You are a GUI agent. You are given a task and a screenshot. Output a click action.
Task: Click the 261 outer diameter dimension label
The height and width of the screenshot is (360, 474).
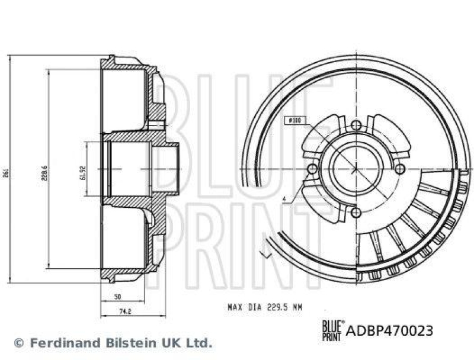(5, 169)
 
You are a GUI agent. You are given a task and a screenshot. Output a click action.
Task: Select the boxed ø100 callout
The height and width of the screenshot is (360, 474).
(294, 121)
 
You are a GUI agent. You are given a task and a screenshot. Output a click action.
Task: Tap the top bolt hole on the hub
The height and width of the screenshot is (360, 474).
(355, 125)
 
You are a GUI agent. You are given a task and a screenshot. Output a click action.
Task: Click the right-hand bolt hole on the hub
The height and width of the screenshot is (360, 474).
(400, 169)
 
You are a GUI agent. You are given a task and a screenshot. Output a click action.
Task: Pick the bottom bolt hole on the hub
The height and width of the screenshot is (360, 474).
(355, 213)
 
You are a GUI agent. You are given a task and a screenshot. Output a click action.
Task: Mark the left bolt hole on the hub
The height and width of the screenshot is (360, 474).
(312, 169)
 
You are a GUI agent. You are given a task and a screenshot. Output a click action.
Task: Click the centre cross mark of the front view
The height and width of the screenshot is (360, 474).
(355, 169)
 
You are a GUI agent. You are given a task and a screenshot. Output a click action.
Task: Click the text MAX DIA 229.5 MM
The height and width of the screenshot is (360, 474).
(265, 307)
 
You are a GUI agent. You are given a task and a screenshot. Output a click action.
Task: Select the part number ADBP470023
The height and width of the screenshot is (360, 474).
(389, 330)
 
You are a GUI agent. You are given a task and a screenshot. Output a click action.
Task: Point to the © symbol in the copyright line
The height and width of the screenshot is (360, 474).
(18, 343)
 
